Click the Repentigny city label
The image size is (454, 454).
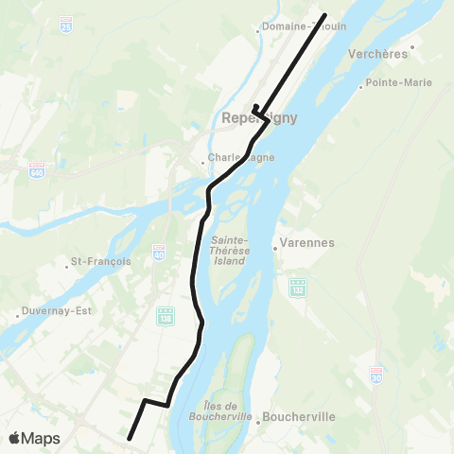(258, 118)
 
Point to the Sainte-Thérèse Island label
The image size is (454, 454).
(229, 250)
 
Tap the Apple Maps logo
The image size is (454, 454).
(34, 439)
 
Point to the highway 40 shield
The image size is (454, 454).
(158, 254)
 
